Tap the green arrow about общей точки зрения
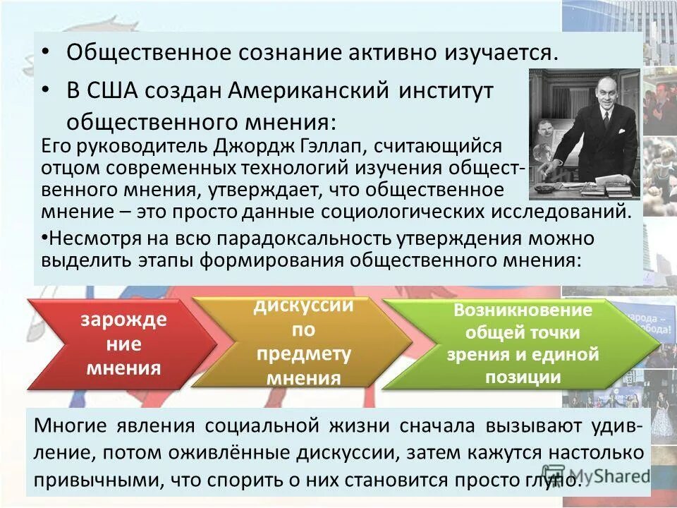522,344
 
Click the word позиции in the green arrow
523,377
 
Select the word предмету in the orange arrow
303,354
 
